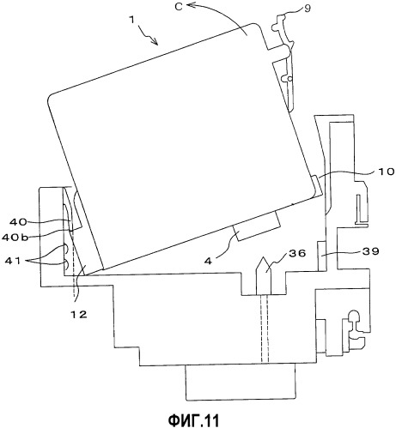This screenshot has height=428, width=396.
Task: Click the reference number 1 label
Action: coord(131,20)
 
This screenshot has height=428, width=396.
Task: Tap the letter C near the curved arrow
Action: coord(179,7)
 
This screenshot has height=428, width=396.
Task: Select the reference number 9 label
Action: coord(307,9)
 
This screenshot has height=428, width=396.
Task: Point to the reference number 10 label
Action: coord(387,172)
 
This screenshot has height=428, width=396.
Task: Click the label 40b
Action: coord(15,237)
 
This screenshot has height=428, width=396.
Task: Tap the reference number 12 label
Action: coord(78,315)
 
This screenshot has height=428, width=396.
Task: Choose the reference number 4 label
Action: coord(210,261)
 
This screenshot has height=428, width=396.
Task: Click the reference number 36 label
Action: coord(298,253)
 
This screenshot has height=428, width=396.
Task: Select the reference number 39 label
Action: coord(371,251)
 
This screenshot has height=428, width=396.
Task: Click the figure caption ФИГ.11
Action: coord(193,420)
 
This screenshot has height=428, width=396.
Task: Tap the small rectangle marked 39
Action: coord(322,256)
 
